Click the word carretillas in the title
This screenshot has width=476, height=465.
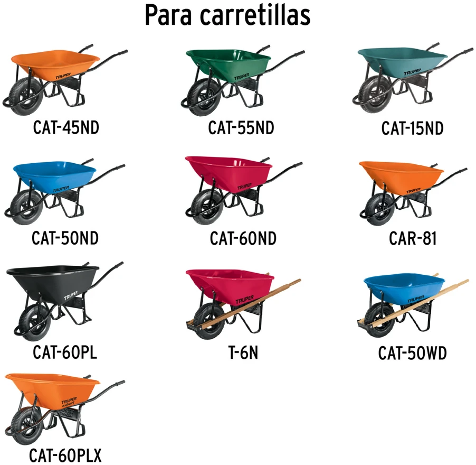pos(255,15)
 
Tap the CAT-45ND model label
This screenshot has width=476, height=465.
pos(66,127)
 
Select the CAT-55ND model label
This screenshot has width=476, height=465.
pos(241,128)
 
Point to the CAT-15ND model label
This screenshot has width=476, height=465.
pos(412,128)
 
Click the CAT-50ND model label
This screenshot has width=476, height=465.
pos(65,238)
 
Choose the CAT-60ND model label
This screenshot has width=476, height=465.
pos(243,238)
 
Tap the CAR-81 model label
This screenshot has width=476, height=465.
pos(413,238)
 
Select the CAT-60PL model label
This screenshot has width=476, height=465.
pos(65,352)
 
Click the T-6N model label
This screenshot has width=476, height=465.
pos(243,353)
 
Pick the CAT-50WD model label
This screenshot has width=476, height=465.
pos(412,353)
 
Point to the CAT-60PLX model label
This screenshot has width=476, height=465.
pos(65,455)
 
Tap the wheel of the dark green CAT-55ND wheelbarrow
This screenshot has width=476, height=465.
pos(205,97)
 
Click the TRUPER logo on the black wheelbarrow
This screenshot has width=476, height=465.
pos(71,295)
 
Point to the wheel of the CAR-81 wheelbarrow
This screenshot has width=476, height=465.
pos(380,209)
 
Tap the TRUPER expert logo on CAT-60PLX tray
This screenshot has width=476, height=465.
pos(69,401)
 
